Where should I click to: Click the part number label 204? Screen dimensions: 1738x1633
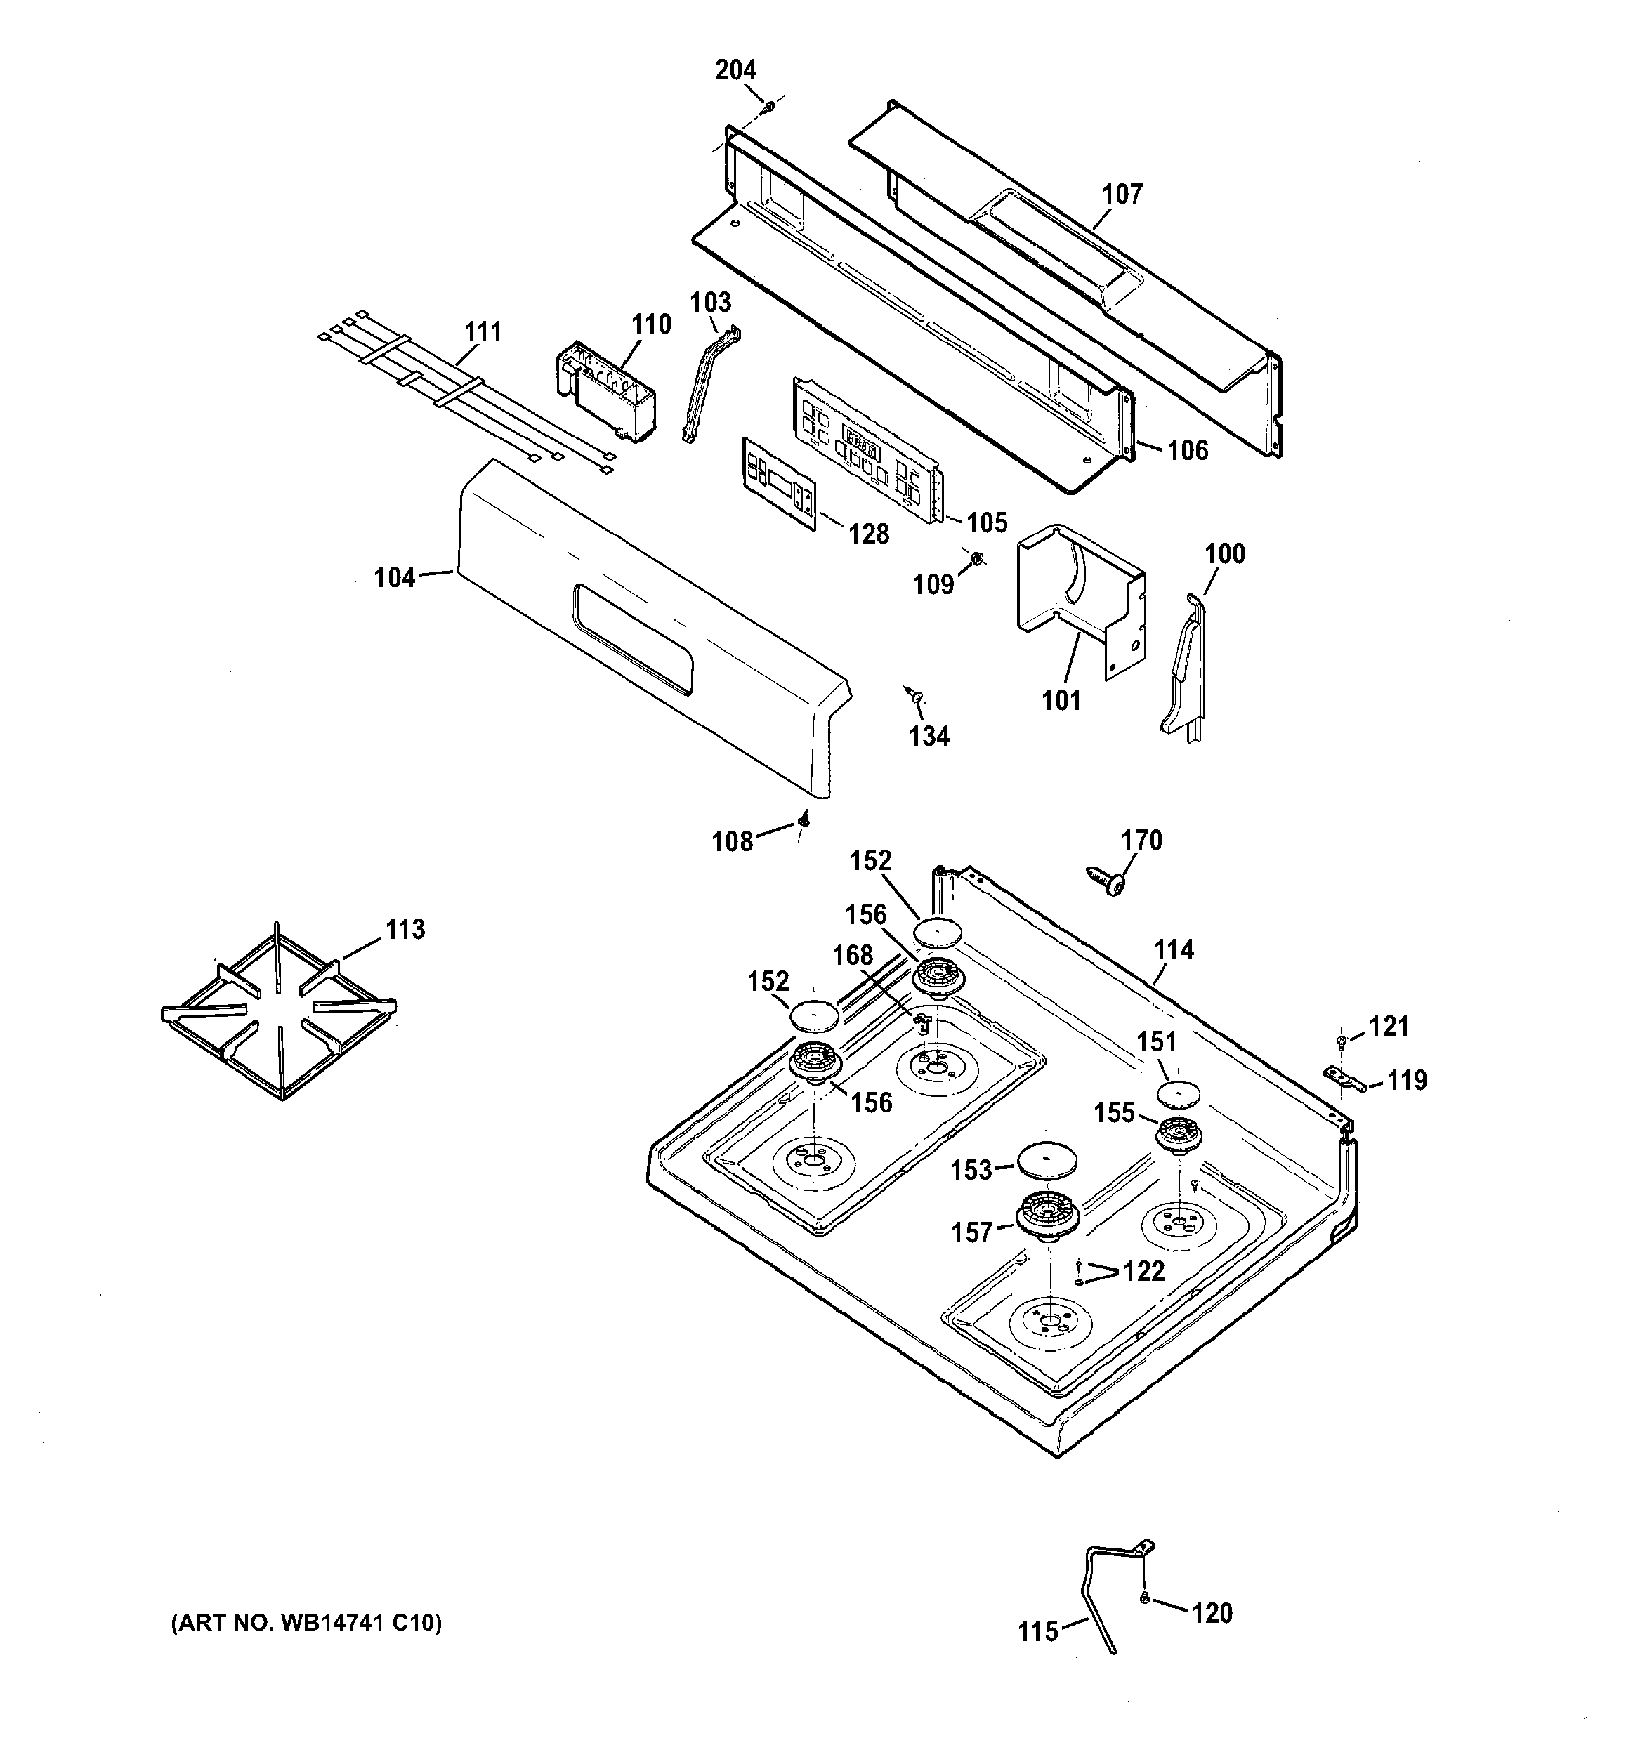(735, 70)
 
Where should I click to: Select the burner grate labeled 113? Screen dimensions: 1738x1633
(278, 1013)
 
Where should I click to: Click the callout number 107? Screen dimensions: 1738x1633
(1122, 194)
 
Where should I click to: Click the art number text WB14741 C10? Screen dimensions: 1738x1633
(306, 1624)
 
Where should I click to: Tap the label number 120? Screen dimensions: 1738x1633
(1212, 1613)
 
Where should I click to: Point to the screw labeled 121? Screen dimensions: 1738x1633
(1341, 1041)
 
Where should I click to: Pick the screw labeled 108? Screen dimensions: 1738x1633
(804, 819)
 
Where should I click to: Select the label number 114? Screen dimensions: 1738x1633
(1173, 949)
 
